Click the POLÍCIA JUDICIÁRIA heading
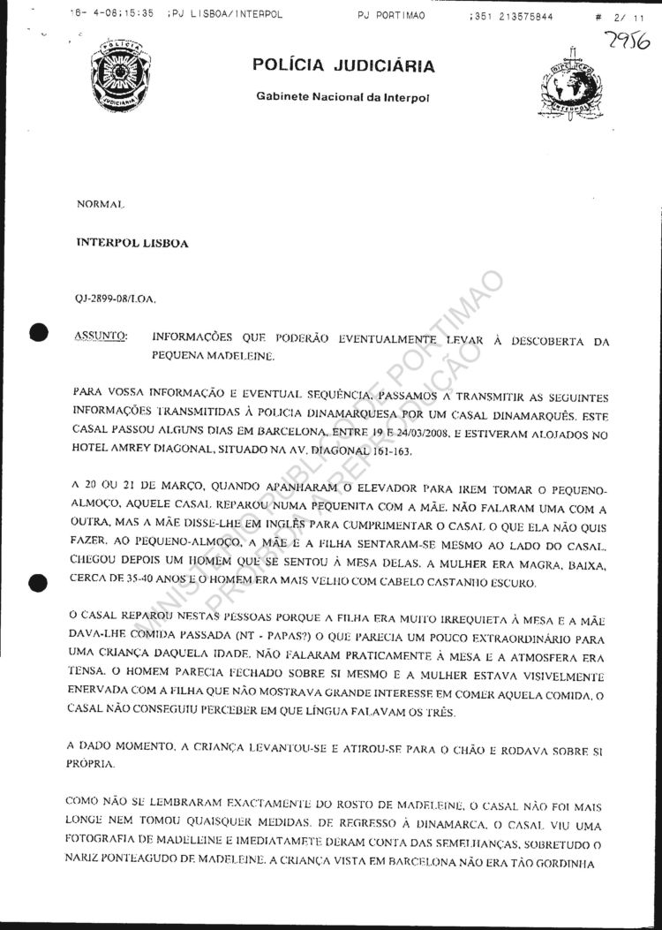coord(342,65)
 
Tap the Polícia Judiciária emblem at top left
coord(120,73)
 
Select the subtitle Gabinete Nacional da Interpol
coord(342,96)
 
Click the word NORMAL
coord(101,204)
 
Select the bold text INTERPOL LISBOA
coord(132,243)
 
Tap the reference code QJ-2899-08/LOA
coord(116,299)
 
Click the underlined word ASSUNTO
coord(102,337)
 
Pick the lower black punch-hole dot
coord(37,581)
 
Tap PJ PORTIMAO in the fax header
coord(392,15)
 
